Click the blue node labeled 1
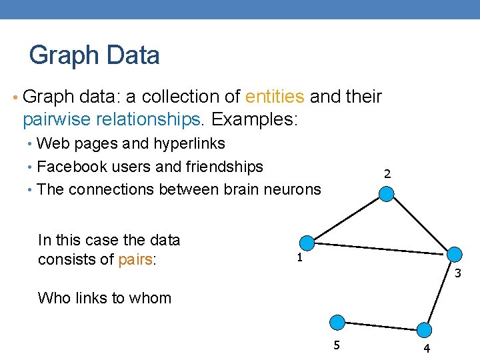click(x=306, y=243)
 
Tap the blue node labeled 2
click(x=387, y=193)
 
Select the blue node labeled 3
click(x=454, y=254)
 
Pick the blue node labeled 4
click(x=425, y=329)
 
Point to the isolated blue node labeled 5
click(x=338, y=323)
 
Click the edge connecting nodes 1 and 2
click(x=347, y=218)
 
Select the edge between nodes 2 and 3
click(x=420, y=223)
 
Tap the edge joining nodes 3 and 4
click(x=439, y=291)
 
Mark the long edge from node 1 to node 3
click(x=380, y=249)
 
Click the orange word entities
click(x=275, y=97)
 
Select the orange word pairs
click(x=135, y=259)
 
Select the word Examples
click(x=254, y=119)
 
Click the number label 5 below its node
click(x=337, y=345)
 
